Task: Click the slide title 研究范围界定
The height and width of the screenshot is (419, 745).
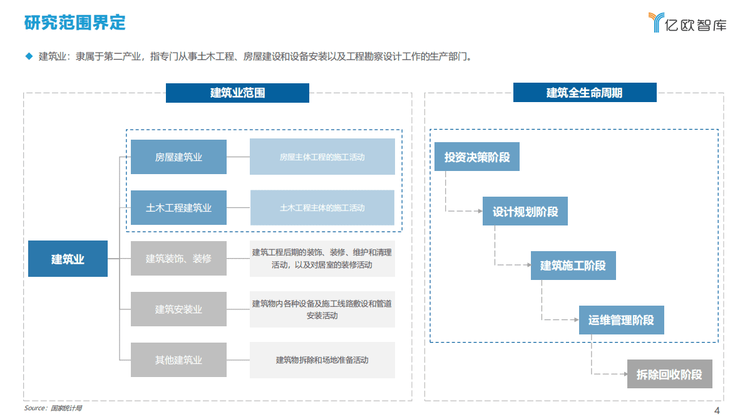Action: click(x=75, y=23)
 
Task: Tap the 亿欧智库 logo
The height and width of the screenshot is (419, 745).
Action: click(x=687, y=23)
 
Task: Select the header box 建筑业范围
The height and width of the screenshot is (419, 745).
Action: click(x=237, y=93)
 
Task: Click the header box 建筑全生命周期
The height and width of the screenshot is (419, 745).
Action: click(x=584, y=93)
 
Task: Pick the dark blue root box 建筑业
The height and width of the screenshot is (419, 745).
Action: click(x=68, y=259)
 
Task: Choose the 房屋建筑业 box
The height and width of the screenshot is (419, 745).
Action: click(x=178, y=157)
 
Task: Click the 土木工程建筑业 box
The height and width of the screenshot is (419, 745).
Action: click(x=178, y=207)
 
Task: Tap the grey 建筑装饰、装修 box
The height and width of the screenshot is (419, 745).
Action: click(x=178, y=258)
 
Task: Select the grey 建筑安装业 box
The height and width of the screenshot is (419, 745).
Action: click(x=178, y=309)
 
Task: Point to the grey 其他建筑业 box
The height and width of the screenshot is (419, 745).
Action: click(x=178, y=360)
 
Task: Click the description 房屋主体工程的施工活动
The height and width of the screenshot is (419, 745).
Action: click(x=322, y=157)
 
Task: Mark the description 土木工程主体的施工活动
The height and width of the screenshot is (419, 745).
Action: click(x=322, y=207)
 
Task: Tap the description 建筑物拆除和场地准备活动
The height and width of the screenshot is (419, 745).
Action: click(x=322, y=360)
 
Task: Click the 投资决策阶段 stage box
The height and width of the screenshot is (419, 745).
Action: click(x=477, y=157)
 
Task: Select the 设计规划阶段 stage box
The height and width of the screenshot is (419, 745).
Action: click(x=525, y=211)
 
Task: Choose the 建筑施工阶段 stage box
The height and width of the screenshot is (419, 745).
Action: click(x=573, y=266)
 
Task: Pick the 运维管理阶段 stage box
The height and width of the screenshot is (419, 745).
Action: click(x=620, y=320)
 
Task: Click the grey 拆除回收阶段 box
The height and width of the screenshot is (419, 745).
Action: click(x=669, y=375)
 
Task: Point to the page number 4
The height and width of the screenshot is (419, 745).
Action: click(x=717, y=410)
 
